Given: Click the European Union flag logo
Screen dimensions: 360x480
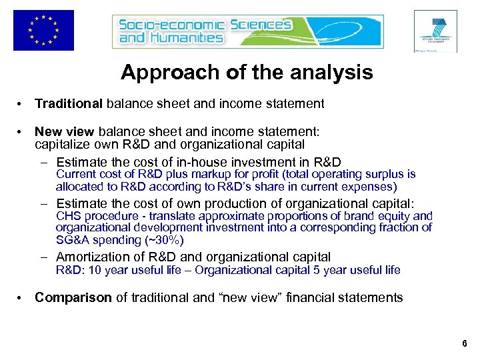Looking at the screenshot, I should tap(43, 31).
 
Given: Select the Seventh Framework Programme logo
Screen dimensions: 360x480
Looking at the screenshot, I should tap(435, 31).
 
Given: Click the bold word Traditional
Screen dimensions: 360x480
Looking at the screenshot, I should tap(69, 103).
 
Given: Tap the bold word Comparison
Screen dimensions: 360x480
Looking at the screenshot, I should tap(73, 297).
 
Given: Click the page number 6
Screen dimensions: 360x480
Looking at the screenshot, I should tap(464, 344).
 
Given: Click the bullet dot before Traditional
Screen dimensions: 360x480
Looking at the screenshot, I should tap(22, 104).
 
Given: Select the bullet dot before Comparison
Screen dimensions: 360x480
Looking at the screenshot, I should tap(22, 298).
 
